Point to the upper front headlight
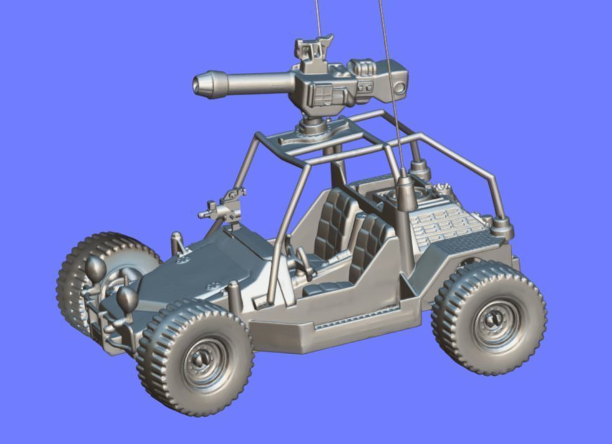(x=95, y=267)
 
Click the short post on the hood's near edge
(x=234, y=295)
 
